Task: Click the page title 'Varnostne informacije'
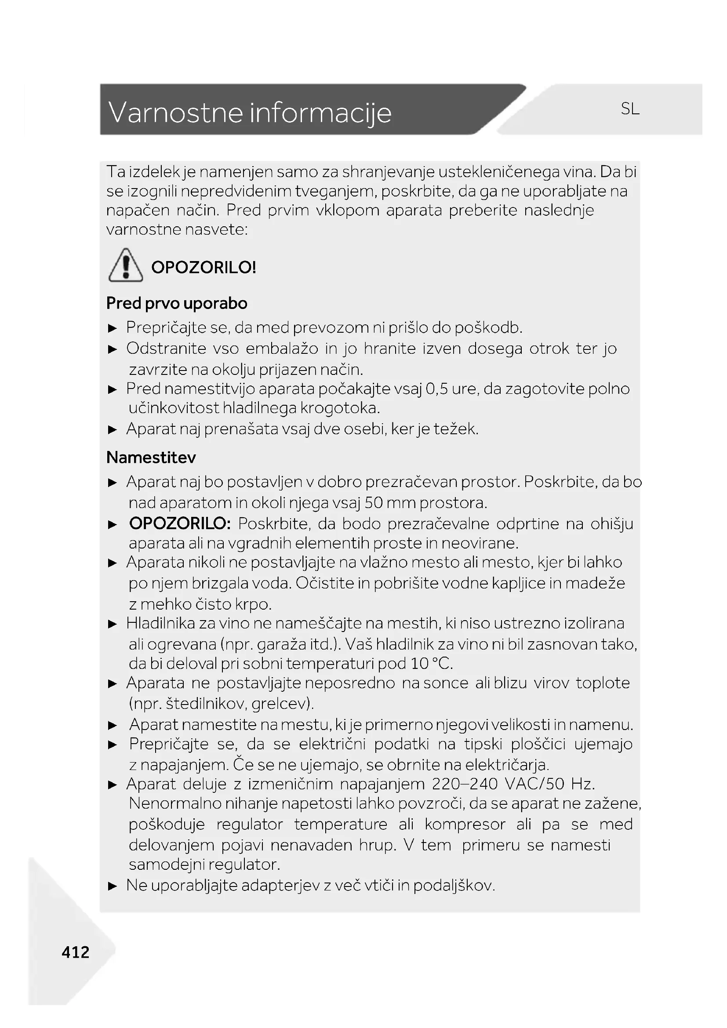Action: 250,112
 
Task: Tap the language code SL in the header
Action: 630,109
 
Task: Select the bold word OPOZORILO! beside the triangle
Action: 204,267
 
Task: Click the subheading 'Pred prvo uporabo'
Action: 176,303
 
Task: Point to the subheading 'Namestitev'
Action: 151,457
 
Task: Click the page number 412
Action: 76,952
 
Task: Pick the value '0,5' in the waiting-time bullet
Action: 437,389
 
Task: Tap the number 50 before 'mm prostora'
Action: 373,503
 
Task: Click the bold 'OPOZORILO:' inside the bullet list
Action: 180,523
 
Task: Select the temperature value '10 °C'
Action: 431,663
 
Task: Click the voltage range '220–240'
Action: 465,784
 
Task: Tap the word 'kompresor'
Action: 465,824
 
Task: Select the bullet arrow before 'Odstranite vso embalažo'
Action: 113,349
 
